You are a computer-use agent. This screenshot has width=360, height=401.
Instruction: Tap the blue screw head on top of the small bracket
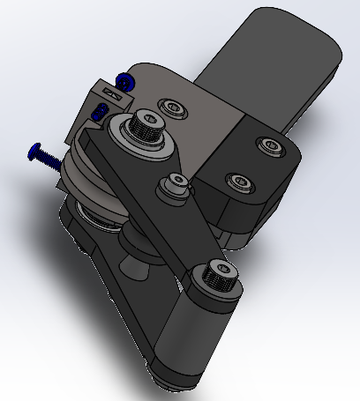click(x=125, y=83)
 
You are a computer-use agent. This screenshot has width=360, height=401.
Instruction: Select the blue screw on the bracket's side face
click(x=101, y=111)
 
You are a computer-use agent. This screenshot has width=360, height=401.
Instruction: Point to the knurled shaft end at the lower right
click(x=217, y=277)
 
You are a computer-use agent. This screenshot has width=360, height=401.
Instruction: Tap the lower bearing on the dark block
click(x=238, y=182)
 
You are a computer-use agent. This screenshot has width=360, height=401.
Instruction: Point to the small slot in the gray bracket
click(x=110, y=92)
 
